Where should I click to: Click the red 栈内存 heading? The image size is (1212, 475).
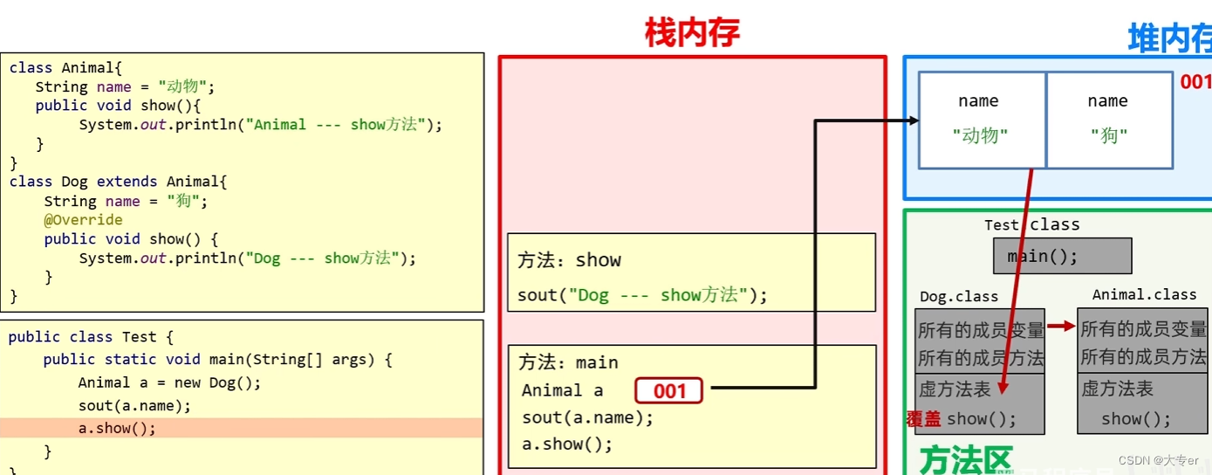point(692,33)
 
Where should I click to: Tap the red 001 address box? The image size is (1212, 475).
point(668,391)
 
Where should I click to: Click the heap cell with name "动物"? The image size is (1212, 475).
point(981,120)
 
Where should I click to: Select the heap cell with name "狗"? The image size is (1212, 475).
point(1108,120)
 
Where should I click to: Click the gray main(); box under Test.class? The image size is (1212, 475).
point(1061,257)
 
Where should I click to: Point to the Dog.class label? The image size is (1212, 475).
point(958,297)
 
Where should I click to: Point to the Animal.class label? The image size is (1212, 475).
point(1144,295)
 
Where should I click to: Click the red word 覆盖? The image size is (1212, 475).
point(924,419)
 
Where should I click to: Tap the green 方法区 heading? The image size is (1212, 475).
point(966,460)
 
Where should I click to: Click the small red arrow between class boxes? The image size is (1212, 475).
point(1061,327)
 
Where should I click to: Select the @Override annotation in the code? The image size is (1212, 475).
point(83,220)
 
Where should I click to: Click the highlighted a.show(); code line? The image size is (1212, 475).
point(117,429)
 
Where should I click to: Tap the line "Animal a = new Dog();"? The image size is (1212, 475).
point(169,382)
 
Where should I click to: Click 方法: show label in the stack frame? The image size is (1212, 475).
point(569,260)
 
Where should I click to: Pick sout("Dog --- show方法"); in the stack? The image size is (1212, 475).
point(642,295)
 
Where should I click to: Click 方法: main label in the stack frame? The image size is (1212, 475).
point(568,362)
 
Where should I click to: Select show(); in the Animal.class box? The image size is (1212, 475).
point(1135,419)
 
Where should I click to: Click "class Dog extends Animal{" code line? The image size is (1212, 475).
point(118,182)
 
